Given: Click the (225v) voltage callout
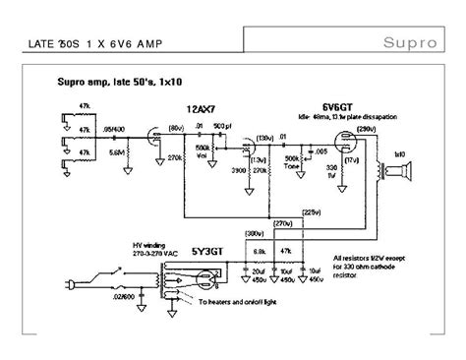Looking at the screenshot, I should [311, 212].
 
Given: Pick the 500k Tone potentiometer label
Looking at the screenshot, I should [291, 162].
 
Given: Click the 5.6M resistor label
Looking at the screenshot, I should [116, 153].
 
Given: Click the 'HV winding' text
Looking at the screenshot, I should [107, 245].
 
